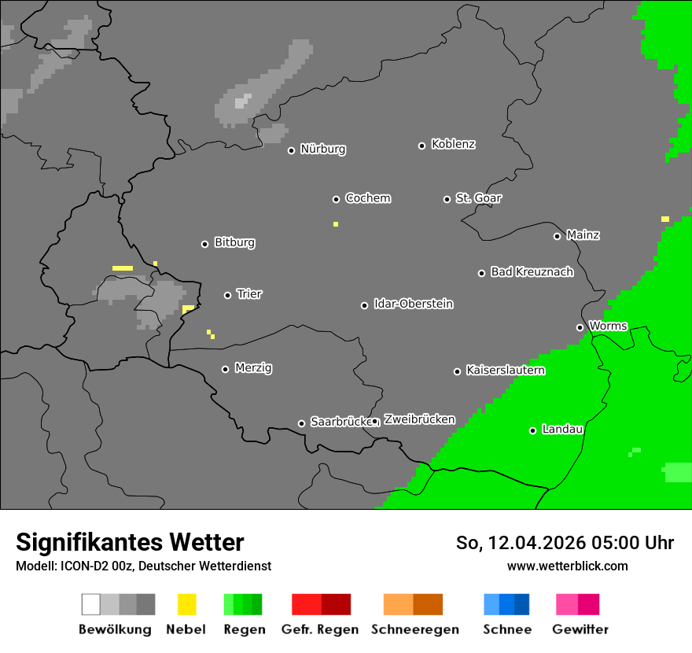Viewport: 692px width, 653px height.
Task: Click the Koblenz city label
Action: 453,145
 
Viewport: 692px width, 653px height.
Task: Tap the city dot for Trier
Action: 228,295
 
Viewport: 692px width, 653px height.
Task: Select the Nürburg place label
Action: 322,149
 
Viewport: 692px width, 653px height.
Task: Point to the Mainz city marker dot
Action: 557,236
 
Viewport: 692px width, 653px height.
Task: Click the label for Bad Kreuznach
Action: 532,272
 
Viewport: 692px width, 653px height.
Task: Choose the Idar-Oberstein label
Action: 413,304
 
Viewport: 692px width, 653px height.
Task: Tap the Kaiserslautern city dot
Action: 457,371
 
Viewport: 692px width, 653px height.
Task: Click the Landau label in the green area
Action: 562,430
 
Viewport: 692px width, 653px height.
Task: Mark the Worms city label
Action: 608,326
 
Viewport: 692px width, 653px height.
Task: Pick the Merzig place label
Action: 253,368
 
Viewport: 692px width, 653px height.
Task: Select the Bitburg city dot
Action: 204,244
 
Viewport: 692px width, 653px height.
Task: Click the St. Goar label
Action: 478,198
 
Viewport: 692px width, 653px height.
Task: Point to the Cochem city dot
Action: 336,199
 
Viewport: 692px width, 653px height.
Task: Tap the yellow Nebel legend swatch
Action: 186,604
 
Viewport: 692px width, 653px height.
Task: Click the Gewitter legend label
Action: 580,629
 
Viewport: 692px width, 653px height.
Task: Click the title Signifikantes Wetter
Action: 130,543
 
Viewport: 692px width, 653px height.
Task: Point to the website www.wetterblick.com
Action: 567,566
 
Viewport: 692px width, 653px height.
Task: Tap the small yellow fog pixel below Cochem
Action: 336,224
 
